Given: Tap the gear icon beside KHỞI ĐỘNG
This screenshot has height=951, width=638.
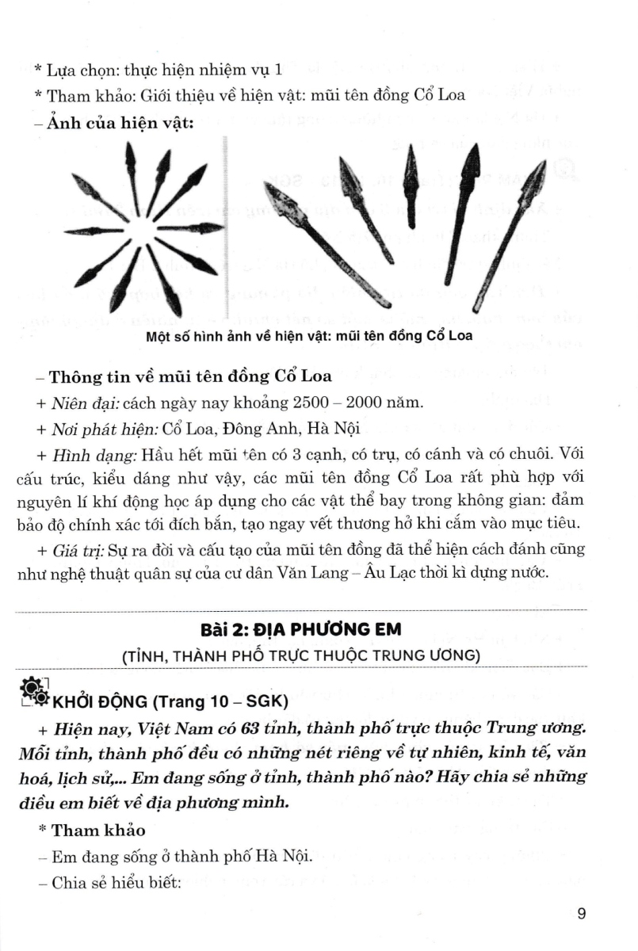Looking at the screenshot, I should click(36, 692).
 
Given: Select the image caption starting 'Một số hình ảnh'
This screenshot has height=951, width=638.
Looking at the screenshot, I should click(309, 335).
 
